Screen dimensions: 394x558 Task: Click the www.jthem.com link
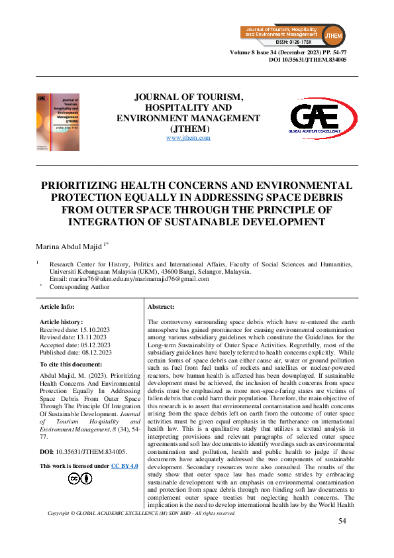point(188,138)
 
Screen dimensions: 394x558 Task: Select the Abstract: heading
point(161,307)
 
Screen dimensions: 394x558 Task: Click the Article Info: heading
point(57,307)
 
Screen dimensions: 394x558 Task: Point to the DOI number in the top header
point(307,60)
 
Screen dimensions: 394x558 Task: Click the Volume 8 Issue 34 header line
point(288,52)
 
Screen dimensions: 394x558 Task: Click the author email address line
point(129,279)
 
